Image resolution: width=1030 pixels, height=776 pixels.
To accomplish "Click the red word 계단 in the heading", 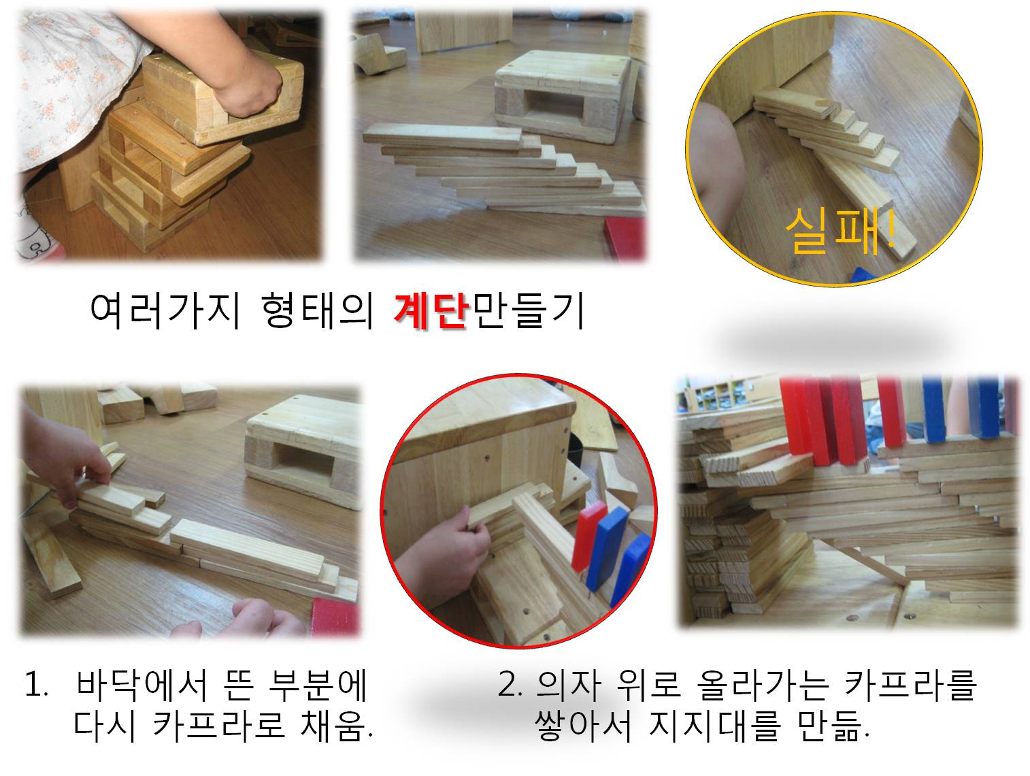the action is pyautogui.click(x=431, y=311).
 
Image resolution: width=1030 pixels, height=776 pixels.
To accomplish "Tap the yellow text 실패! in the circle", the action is pyautogui.click(x=840, y=231).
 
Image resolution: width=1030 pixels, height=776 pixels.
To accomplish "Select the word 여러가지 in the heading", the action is pyautogui.click(x=165, y=310).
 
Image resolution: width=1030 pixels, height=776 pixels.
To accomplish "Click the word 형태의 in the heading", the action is pyautogui.click(x=318, y=310).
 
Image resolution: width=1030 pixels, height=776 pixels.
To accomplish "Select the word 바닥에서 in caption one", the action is pyautogui.click(x=141, y=685).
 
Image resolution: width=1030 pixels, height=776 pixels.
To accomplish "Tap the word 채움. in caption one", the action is pyautogui.click(x=336, y=726).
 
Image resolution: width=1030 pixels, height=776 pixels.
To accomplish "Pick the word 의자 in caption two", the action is pyautogui.click(x=569, y=685).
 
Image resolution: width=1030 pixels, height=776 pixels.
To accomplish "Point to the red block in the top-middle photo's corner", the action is pyautogui.click(x=624, y=238).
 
